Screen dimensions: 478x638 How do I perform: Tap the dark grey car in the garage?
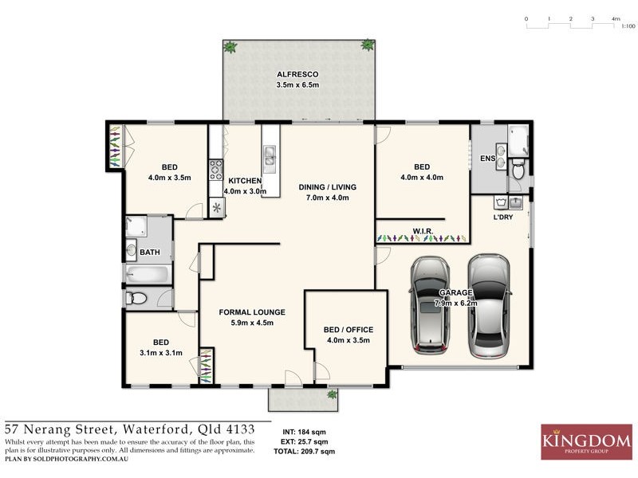[431, 307]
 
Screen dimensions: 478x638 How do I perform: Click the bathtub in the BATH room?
[148, 276]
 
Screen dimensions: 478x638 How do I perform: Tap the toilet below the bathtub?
[136, 299]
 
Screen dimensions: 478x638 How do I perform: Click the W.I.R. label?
[423, 232]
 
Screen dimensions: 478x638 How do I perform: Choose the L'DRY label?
[502, 217]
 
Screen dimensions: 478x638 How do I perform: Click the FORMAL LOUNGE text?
[252, 312]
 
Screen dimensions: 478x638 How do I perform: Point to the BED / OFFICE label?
[349, 329]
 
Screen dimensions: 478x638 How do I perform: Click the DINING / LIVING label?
[328, 187]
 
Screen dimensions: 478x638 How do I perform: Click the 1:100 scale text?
[628, 26]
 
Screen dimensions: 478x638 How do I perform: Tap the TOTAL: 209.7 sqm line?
[304, 452]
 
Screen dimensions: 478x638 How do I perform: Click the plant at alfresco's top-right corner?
[368, 45]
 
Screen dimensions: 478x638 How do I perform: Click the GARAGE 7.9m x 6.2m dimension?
[456, 304]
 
